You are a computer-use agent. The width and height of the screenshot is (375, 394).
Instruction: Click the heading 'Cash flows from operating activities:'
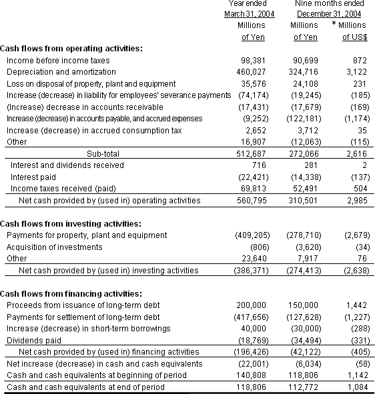[71, 49]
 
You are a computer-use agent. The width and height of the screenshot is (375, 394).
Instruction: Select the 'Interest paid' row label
[33, 177]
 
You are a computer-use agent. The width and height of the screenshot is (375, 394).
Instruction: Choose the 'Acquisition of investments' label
[54, 247]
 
